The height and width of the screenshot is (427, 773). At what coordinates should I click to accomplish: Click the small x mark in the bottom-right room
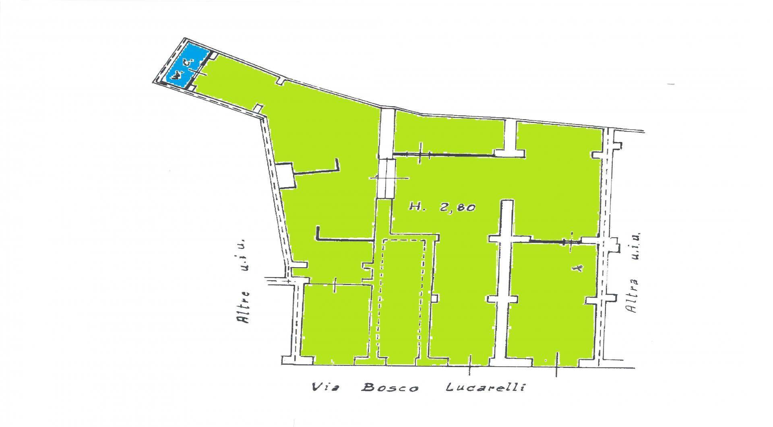(579, 268)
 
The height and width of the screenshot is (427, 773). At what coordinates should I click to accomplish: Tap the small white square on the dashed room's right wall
(434, 298)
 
